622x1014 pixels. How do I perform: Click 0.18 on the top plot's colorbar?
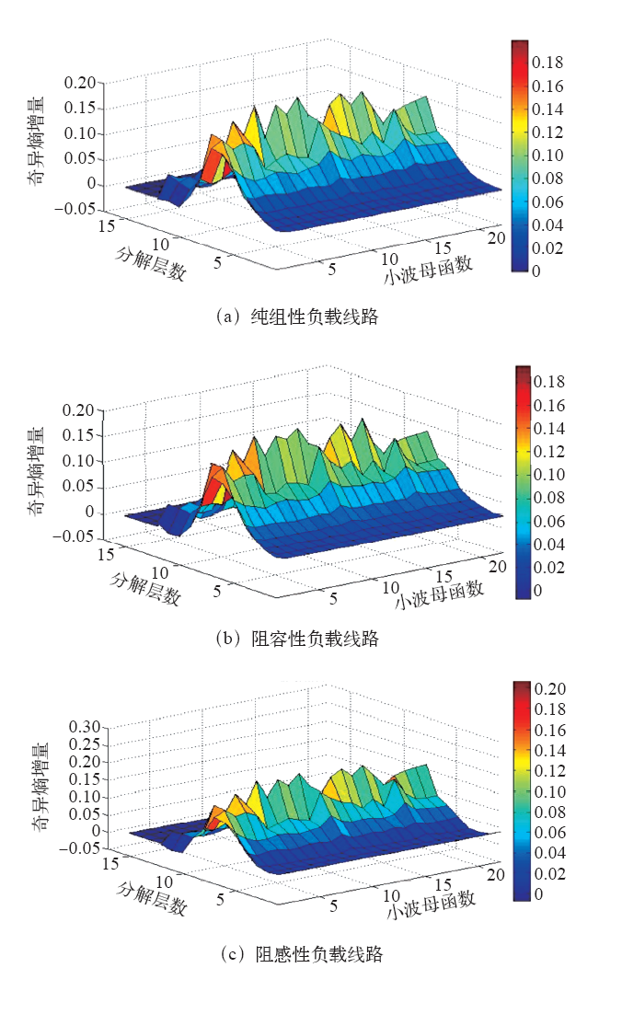552,63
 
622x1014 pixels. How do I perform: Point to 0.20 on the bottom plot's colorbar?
554,688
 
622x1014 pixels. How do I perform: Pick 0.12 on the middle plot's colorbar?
552,451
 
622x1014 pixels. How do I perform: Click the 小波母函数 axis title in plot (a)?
429,270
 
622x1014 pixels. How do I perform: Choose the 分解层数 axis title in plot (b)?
144,589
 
